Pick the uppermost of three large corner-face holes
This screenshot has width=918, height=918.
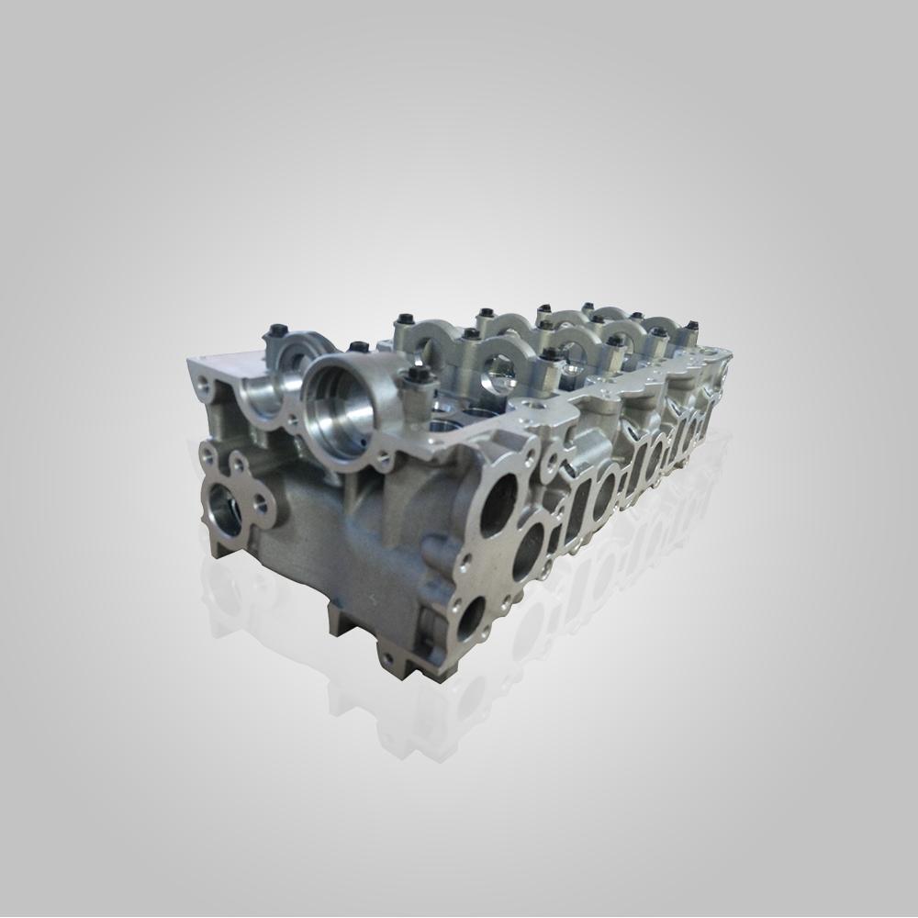[x=497, y=503]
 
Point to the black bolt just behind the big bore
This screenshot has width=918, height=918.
[x=354, y=347]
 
